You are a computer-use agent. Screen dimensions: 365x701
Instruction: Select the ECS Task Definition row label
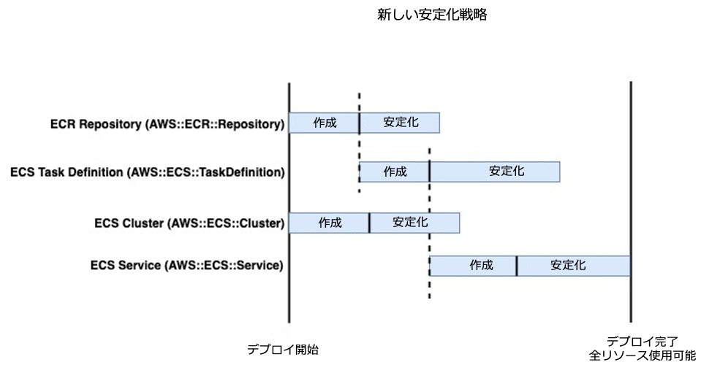click(x=147, y=172)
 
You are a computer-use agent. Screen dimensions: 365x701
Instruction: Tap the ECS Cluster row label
click(x=189, y=223)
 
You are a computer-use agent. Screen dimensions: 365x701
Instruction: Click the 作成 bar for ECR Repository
click(x=324, y=123)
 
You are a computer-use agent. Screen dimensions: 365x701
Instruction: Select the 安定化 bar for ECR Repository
click(x=400, y=123)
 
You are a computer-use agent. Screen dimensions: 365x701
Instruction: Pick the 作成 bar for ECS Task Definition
click(x=394, y=172)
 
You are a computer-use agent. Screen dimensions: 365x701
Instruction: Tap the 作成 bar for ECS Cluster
click(x=329, y=223)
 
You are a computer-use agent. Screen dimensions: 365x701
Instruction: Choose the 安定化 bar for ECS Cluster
click(x=414, y=223)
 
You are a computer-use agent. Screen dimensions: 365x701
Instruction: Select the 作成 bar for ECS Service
click(x=473, y=266)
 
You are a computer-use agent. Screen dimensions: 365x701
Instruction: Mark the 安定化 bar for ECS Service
click(x=574, y=266)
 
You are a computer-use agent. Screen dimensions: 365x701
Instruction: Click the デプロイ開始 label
click(x=282, y=349)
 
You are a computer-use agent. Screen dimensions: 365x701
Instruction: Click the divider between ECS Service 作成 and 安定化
click(x=517, y=266)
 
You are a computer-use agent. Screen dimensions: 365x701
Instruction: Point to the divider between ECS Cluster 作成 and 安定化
click(x=369, y=223)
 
